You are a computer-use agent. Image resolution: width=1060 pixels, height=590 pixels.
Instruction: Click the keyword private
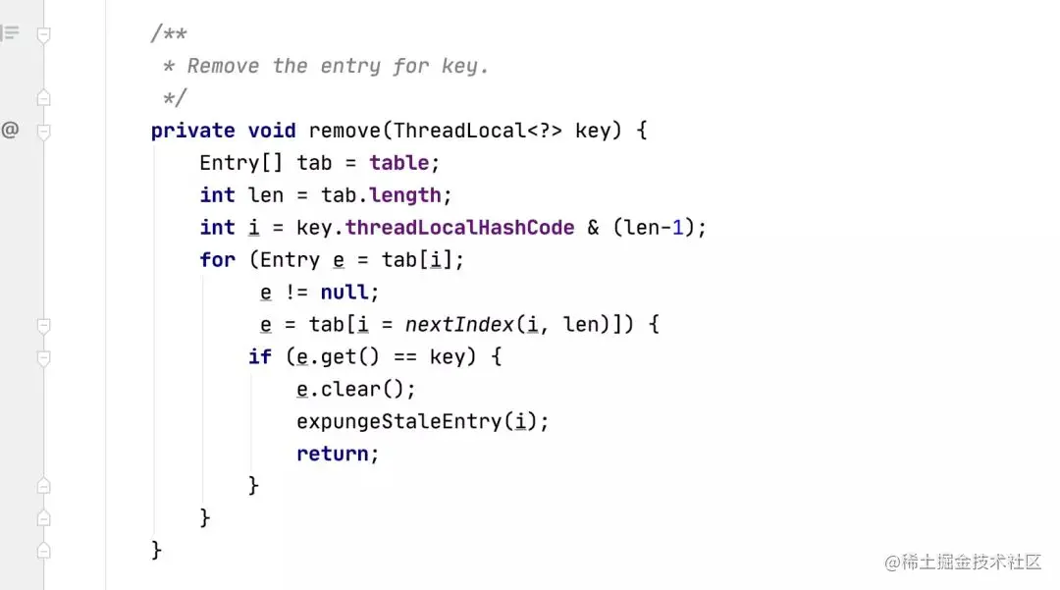192,131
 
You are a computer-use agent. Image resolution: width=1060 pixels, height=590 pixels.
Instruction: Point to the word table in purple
398,163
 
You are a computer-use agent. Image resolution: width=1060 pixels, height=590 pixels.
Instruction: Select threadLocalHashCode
459,228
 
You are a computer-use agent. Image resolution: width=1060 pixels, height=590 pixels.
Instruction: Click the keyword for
217,260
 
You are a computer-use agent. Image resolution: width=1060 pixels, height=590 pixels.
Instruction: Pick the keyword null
344,293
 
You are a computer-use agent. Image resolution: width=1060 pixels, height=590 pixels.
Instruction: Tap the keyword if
259,357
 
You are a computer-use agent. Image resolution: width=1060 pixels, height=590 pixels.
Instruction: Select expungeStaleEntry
398,422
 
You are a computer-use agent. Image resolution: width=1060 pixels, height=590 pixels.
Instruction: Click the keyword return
333,455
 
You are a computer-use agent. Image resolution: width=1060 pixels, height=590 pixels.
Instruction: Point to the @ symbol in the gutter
10,130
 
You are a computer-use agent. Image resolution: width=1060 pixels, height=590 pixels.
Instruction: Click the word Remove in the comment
223,67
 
